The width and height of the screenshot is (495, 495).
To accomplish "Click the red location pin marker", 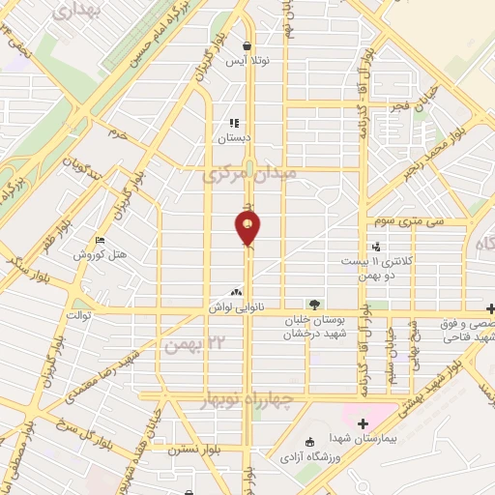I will (x=248, y=228).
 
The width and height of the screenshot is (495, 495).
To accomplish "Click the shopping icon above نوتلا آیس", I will (x=248, y=45).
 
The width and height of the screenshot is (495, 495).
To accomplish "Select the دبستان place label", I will (x=233, y=138).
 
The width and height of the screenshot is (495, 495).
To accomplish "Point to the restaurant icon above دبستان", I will (x=234, y=124).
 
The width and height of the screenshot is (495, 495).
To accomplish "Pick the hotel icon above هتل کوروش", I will (x=100, y=242).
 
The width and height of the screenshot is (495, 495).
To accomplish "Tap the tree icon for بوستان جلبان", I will (x=311, y=304).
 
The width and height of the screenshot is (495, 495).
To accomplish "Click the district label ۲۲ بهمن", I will (x=190, y=343).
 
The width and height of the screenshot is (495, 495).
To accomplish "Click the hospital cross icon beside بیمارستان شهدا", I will (x=363, y=422).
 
